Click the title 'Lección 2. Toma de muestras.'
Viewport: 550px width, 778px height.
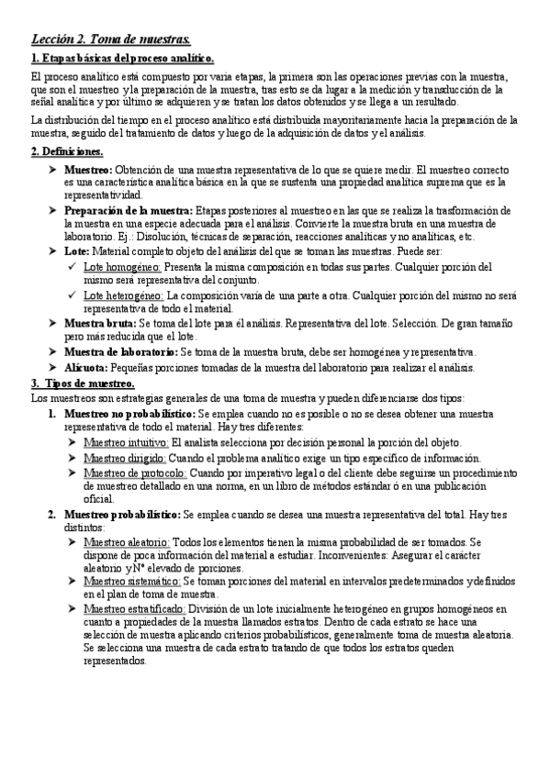pos(111,39)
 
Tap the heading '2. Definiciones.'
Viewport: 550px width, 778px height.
pos(67,151)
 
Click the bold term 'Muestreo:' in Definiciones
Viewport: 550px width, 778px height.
pos(88,171)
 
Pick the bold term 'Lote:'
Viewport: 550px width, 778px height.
pos(77,250)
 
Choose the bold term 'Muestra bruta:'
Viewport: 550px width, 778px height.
pos(99,324)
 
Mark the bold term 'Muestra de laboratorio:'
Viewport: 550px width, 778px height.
pos(121,352)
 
